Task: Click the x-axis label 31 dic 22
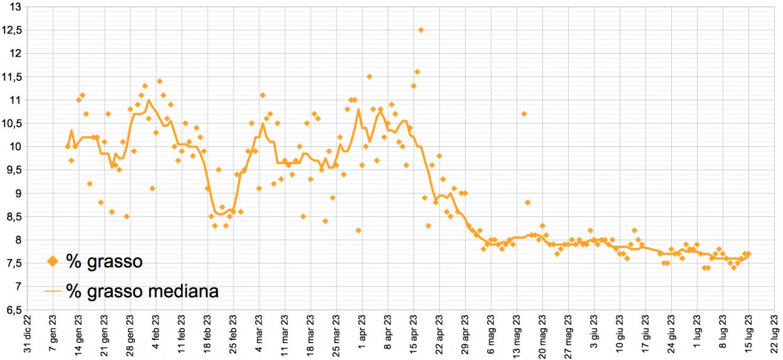pyautogui.click(x=27, y=335)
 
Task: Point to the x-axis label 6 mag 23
pyautogui.click(x=491, y=335)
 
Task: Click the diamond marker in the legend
pyautogui.click(x=53, y=261)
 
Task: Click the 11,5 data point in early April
pyautogui.click(x=370, y=77)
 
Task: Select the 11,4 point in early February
pyautogui.click(x=160, y=81)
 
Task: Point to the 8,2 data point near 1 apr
pyautogui.click(x=358, y=231)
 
